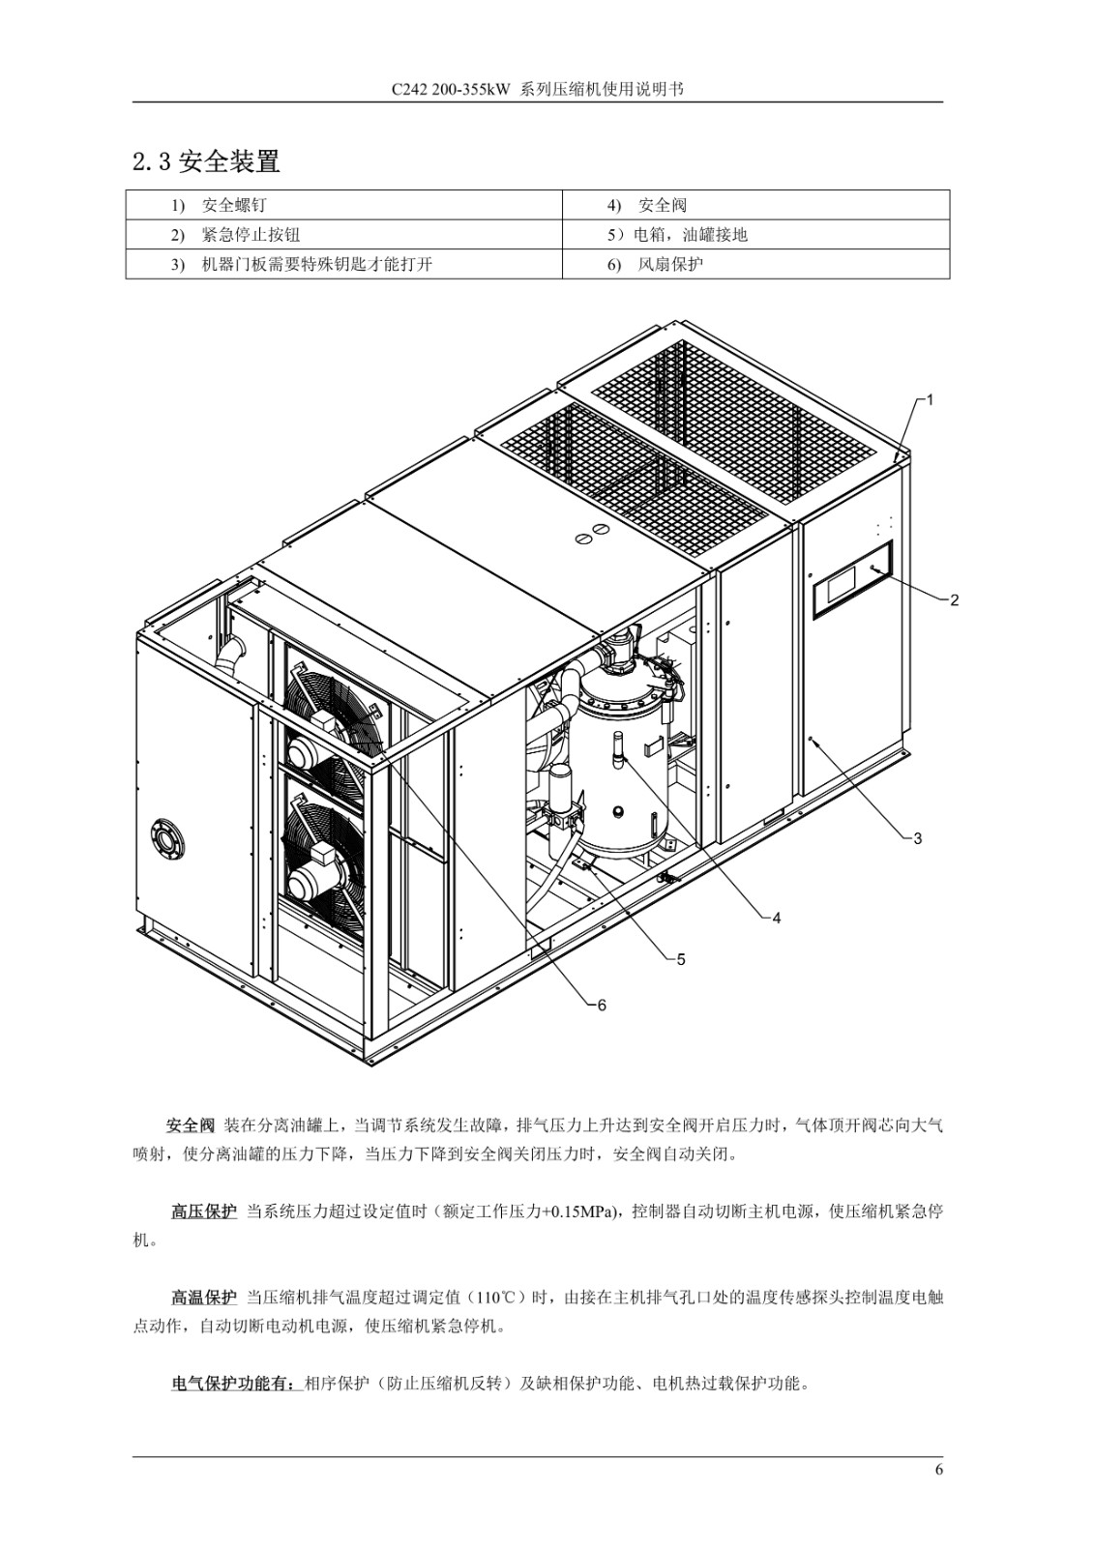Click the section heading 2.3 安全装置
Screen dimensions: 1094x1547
tap(206, 161)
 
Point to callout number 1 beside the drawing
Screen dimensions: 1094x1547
tap(931, 400)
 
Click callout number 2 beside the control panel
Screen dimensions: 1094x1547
tap(955, 600)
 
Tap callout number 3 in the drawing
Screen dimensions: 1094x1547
tap(918, 838)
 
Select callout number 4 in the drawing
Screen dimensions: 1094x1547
tap(776, 918)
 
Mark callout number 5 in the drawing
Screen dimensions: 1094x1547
tap(681, 959)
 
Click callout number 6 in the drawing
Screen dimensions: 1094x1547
tap(602, 1006)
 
